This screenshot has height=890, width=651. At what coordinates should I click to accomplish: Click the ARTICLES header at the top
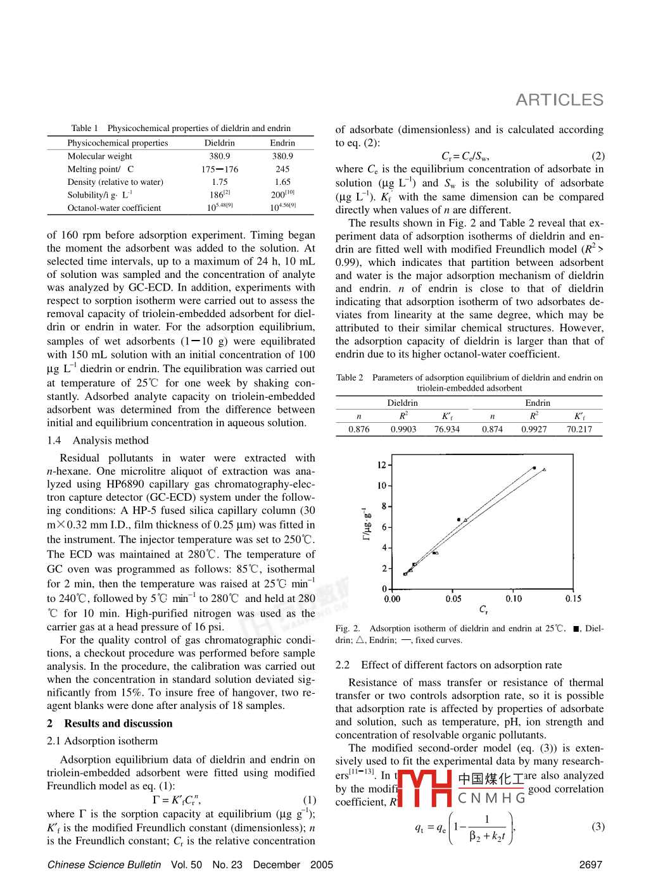559,100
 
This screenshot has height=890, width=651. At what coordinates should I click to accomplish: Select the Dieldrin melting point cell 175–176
220,169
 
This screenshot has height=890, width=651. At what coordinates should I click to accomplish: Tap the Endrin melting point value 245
282,169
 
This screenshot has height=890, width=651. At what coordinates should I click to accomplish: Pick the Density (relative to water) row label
115,182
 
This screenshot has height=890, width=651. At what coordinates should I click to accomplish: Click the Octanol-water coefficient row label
114,208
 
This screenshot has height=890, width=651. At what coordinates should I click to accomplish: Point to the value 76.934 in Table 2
447,429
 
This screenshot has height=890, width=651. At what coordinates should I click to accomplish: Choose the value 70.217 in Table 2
579,429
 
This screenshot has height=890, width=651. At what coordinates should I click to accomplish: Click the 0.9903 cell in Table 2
403,429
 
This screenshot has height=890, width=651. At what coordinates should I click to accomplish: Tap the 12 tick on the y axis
382,465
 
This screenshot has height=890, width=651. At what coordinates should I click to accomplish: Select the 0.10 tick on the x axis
514,599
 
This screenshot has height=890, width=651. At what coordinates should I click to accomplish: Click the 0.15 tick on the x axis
573,599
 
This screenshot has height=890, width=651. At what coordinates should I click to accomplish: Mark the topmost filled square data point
534,468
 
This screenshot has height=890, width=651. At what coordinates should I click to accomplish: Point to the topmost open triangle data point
544,470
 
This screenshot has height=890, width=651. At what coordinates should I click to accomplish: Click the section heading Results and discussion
118,724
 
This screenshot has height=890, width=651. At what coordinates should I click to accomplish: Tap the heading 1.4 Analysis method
98,441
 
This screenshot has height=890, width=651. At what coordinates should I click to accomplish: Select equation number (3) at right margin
598,827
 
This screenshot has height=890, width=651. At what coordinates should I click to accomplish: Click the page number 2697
590,865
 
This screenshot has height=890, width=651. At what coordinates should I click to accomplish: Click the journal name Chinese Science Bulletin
104,865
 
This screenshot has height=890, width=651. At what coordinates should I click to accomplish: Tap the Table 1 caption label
84,128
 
